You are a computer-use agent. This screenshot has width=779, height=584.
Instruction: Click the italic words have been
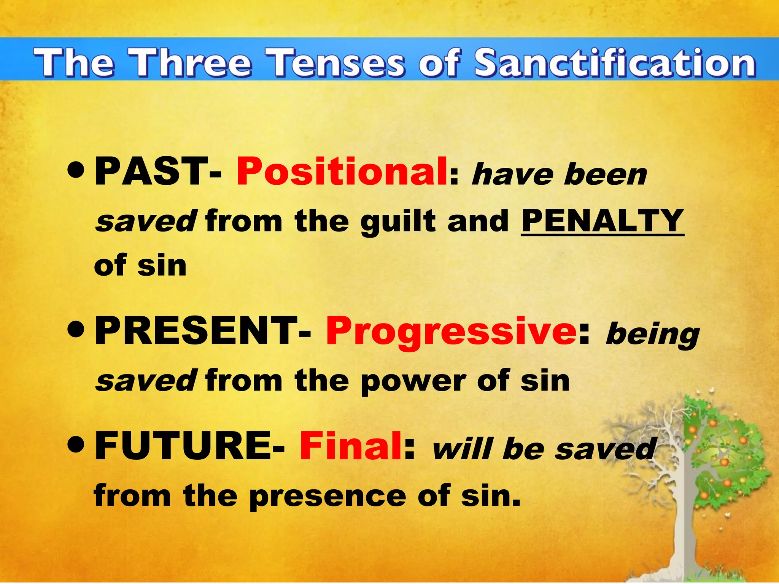559,175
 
